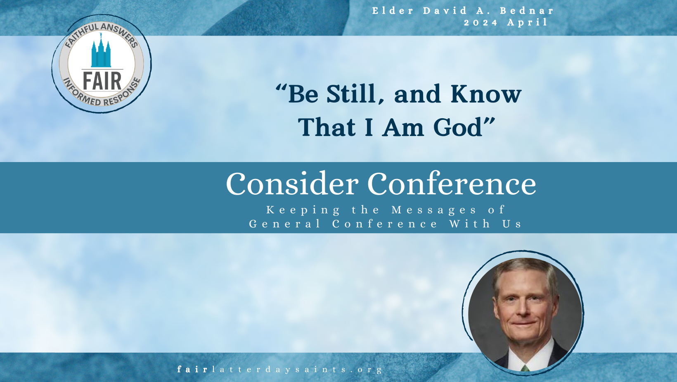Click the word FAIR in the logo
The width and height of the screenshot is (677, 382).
click(x=102, y=81)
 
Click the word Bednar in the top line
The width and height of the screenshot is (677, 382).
click(x=527, y=11)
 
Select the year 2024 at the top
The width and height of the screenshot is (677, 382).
click(x=481, y=23)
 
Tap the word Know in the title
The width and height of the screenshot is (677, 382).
click(x=486, y=94)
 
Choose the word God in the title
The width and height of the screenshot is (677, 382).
click(x=457, y=127)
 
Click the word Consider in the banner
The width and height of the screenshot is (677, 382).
click(x=292, y=184)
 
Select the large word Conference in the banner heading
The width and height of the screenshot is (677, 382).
click(x=452, y=184)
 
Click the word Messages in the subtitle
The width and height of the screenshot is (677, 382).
click(x=434, y=210)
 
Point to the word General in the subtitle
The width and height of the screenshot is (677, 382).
click(x=284, y=224)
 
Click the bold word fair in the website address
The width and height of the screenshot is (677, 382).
click(x=192, y=369)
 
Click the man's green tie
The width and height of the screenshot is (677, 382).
click(x=525, y=368)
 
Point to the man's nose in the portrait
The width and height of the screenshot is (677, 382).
click(x=524, y=309)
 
